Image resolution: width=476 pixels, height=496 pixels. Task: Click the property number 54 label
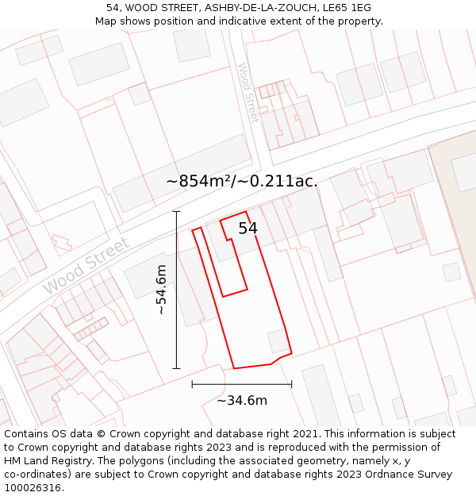[x=248, y=229]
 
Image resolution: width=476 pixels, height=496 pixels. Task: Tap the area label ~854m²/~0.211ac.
[x=242, y=181]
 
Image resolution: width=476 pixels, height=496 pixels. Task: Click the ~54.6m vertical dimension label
[x=162, y=290]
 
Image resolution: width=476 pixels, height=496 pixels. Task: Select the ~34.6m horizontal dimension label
[x=242, y=400]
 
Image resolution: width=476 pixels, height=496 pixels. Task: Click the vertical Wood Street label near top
[x=248, y=93]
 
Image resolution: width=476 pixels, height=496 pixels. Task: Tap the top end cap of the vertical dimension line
[x=176, y=212]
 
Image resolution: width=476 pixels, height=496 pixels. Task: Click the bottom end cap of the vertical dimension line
[x=176, y=368]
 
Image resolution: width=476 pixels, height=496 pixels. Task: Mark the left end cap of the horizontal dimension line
[x=192, y=384]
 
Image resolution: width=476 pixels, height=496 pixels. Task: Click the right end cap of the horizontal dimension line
[x=291, y=384]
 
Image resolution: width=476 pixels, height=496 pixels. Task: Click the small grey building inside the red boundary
[x=278, y=341]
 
